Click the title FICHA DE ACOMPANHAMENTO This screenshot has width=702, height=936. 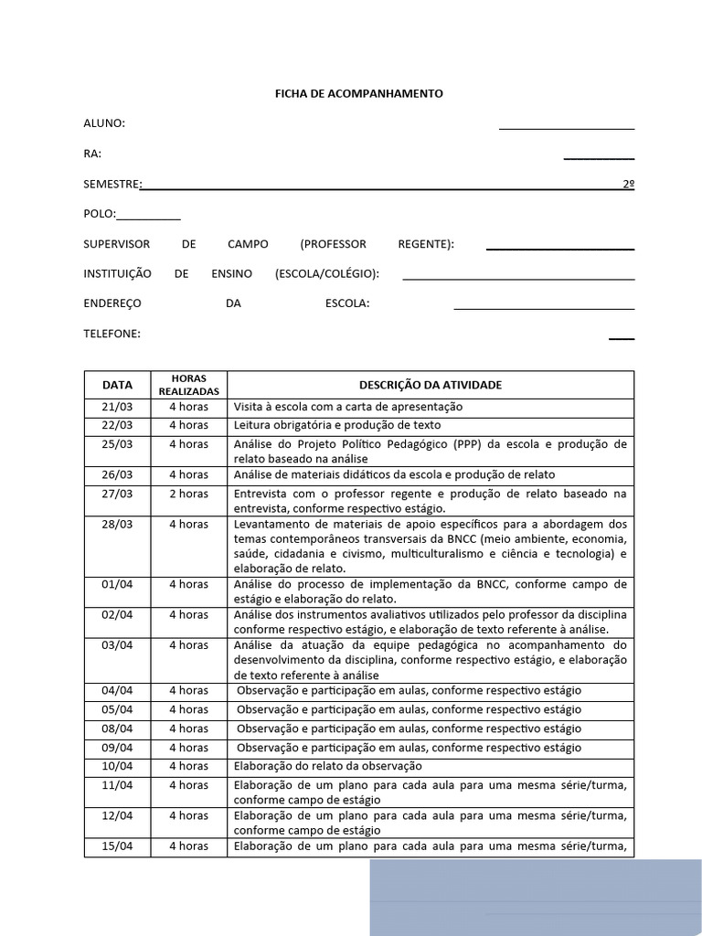(x=359, y=93)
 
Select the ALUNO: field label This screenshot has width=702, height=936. (x=104, y=123)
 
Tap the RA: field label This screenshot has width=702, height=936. (x=92, y=154)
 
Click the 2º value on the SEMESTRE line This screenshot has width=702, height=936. (x=628, y=184)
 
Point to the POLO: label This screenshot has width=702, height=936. (x=100, y=214)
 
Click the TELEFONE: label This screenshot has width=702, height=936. (x=112, y=334)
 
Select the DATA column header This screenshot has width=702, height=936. (x=117, y=385)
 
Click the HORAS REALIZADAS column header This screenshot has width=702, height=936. (x=188, y=385)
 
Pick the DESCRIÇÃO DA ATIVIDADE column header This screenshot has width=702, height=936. (x=430, y=385)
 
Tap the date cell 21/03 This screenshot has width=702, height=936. (x=117, y=407)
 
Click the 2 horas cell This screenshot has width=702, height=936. (x=188, y=494)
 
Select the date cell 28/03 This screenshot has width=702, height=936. (x=117, y=525)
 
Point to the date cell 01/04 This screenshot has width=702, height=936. (x=117, y=584)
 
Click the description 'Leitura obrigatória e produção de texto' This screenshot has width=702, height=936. (x=337, y=425)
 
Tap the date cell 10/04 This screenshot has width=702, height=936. (x=117, y=766)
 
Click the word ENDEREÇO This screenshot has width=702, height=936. (x=112, y=303)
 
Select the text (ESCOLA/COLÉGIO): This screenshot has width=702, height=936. (x=326, y=273)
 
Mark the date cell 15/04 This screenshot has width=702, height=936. (x=117, y=846)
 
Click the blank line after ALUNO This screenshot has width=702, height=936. (x=567, y=125)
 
